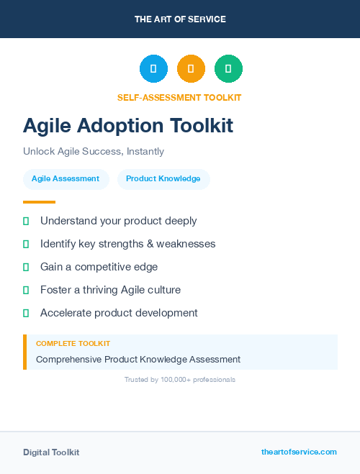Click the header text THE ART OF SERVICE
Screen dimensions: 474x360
(x=180, y=19)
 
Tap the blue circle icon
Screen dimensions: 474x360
(x=153, y=69)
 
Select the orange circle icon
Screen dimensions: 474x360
(x=191, y=69)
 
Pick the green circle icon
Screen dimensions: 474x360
(x=228, y=69)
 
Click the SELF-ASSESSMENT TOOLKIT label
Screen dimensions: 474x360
(x=179, y=98)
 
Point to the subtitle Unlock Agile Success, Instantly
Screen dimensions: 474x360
(x=94, y=152)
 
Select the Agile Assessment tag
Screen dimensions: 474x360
(x=66, y=179)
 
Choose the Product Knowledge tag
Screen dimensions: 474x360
(x=163, y=179)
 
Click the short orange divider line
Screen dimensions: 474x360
(x=39, y=202)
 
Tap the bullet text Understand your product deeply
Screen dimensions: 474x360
(x=118, y=221)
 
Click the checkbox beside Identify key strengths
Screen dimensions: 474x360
(x=26, y=245)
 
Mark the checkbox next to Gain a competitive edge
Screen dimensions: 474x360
(x=26, y=268)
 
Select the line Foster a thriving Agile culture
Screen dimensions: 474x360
(x=110, y=290)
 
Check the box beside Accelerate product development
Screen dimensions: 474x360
(x=26, y=314)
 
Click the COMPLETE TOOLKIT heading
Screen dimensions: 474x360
(x=73, y=344)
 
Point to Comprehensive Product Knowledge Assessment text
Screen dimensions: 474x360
(x=138, y=359)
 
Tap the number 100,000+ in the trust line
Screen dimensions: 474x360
(x=172, y=380)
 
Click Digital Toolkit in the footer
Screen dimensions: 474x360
(x=51, y=452)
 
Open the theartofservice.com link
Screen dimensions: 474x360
(x=299, y=452)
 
